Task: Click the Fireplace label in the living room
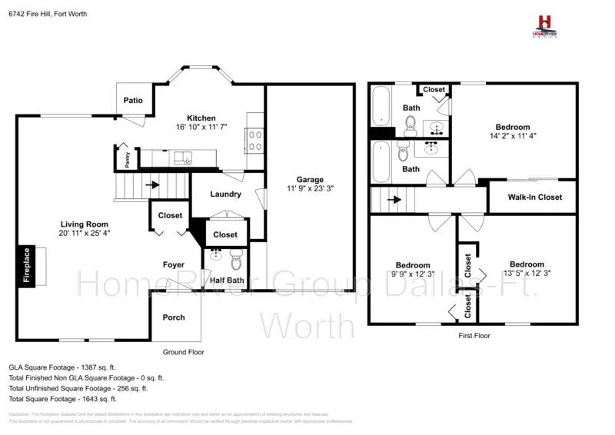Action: (x=26, y=265)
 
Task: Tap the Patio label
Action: (x=134, y=101)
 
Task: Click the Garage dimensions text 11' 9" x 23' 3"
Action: (x=310, y=188)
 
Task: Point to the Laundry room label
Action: (x=225, y=194)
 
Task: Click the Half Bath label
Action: (x=227, y=281)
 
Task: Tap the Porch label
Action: (x=174, y=317)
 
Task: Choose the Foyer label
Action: (x=174, y=265)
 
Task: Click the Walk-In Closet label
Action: (x=534, y=198)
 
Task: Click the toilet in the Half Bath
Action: (x=236, y=254)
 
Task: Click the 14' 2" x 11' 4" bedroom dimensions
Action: (x=512, y=136)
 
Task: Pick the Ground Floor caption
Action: (x=183, y=352)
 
